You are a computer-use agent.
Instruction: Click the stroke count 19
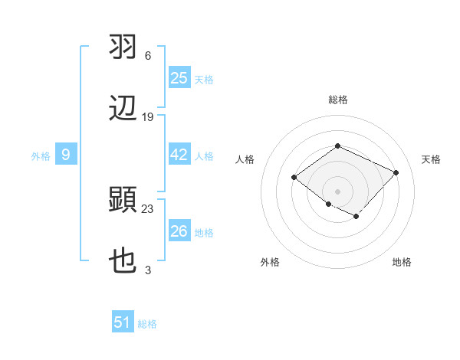(148, 117)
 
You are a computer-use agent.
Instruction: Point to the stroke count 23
(148, 208)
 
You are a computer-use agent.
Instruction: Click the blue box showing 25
(179, 78)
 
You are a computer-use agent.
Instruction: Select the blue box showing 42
(179, 155)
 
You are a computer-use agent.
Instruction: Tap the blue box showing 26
(179, 231)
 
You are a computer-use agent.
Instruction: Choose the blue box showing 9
(66, 155)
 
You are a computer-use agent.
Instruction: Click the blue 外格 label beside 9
(41, 156)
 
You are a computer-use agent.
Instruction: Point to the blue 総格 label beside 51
(147, 324)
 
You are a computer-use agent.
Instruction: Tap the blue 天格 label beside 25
(204, 80)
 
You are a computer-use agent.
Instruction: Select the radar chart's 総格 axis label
(337, 100)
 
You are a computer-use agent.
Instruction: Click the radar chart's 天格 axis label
(431, 159)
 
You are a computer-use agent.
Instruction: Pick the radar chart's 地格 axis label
(402, 262)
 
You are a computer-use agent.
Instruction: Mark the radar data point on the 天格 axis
(396, 172)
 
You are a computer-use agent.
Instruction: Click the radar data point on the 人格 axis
(294, 178)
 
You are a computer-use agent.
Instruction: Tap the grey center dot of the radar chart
(337, 191)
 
